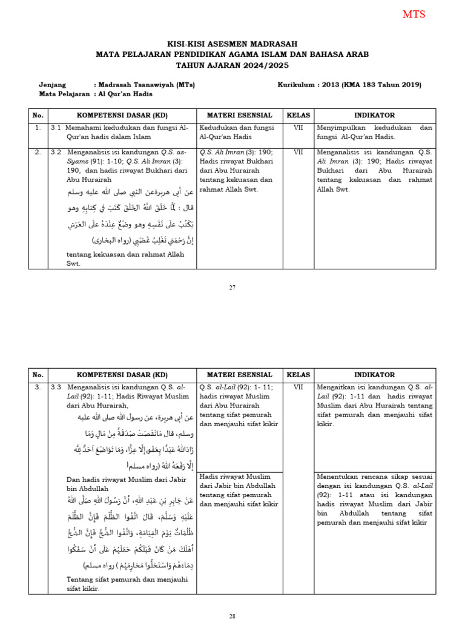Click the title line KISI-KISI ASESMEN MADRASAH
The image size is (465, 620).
click(x=232, y=44)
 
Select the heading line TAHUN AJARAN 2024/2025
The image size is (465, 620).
click(x=232, y=65)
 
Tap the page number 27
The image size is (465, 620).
click(x=232, y=287)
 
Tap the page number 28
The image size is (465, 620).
click(x=232, y=616)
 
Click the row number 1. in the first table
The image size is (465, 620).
click(x=38, y=128)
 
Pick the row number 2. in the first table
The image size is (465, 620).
click(x=38, y=152)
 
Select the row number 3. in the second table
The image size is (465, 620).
click(x=38, y=386)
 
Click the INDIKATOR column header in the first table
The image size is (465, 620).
click(x=374, y=115)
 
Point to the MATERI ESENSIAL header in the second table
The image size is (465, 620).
click(x=240, y=375)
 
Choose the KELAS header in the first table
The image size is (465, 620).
click(x=298, y=115)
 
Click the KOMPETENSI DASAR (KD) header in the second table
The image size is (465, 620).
click(x=122, y=375)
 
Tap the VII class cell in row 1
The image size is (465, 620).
click(x=298, y=128)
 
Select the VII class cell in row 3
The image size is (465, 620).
click(x=298, y=386)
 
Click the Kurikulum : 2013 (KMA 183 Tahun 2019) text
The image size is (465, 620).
click(x=349, y=85)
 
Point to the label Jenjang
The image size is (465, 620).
click(x=53, y=85)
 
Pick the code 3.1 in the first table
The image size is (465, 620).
click(x=56, y=128)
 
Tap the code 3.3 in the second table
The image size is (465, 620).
click(x=56, y=386)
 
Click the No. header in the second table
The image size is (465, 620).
click(x=38, y=375)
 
